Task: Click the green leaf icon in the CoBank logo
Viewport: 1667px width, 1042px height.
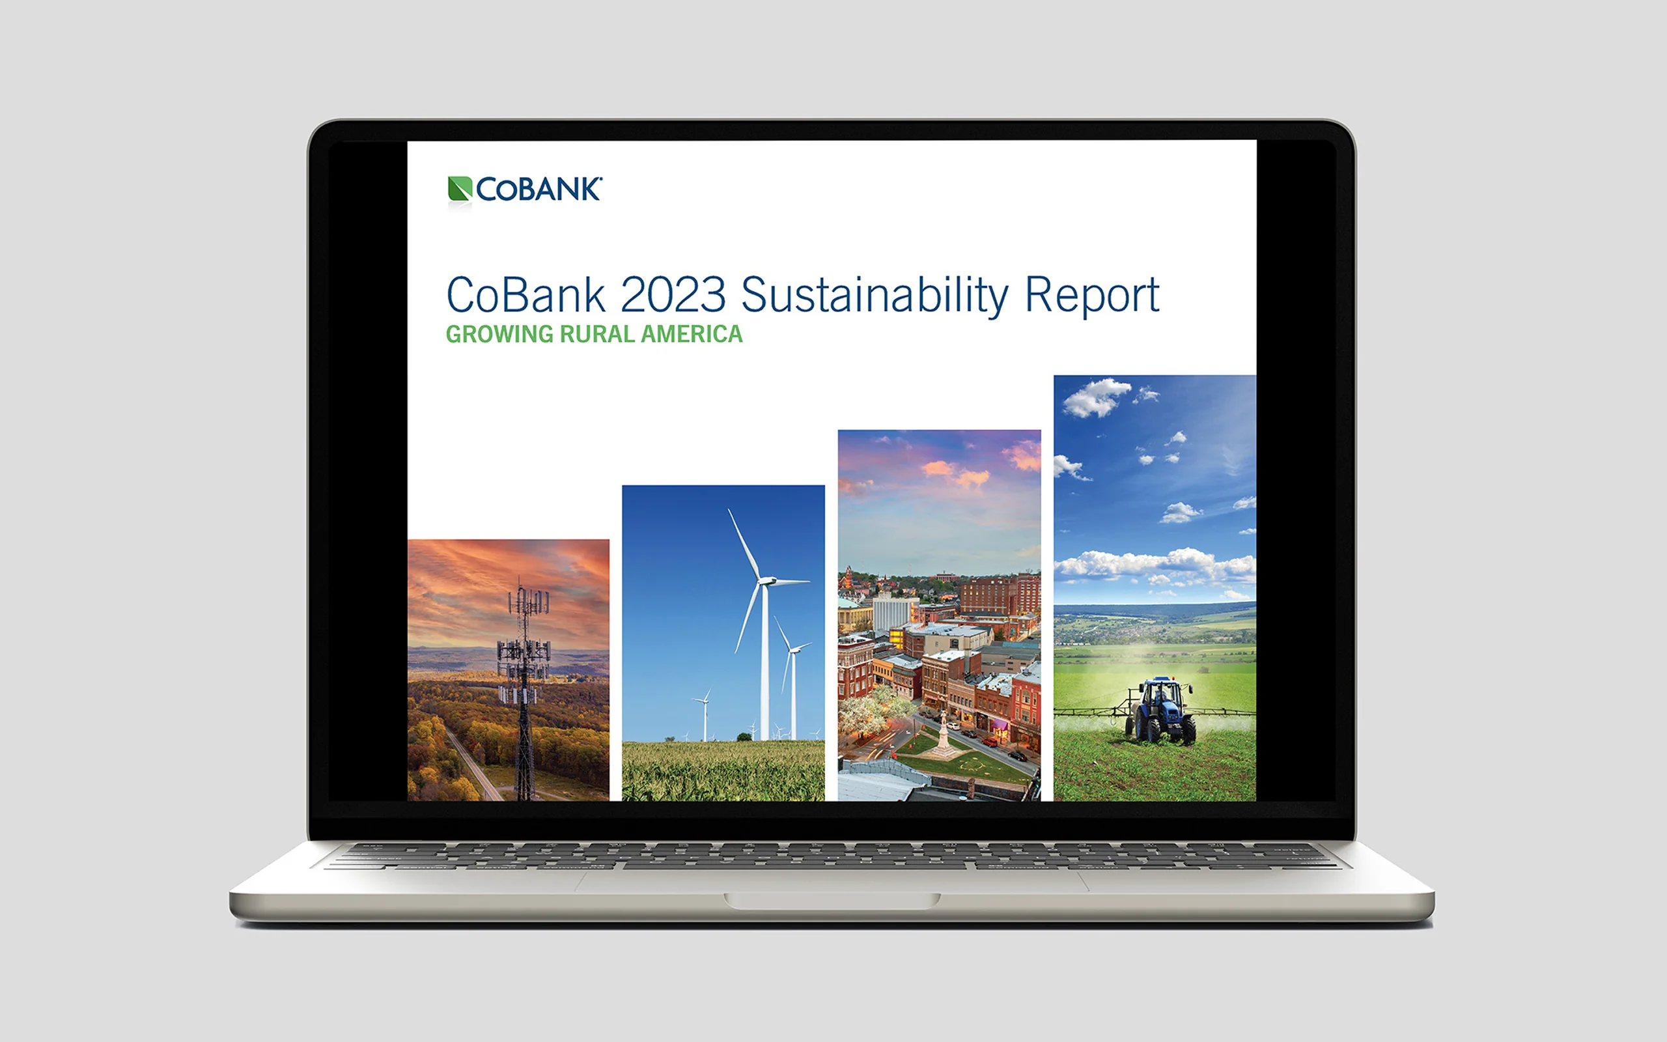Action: click(460, 189)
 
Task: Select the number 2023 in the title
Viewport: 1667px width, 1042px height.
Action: click(673, 295)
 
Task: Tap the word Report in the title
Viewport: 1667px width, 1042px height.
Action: click(1093, 296)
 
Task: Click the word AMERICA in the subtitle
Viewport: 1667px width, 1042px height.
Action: click(692, 334)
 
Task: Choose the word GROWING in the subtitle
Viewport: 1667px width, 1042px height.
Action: click(499, 334)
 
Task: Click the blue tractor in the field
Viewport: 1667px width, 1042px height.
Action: click(1160, 711)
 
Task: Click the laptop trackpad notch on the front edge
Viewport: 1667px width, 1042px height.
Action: click(832, 900)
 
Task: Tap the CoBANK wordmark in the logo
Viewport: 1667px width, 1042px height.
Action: click(539, 190)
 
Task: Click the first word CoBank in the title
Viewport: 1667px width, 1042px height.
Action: click(526, 296)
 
